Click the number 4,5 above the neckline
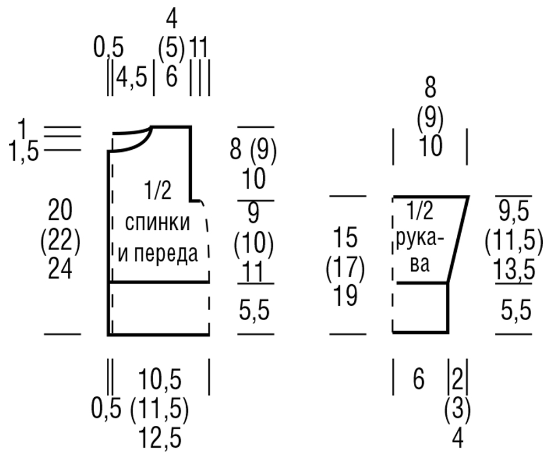(x=132, y=78)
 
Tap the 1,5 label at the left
(x=24, y=152)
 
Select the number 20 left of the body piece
(x=61, y=209)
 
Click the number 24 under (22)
(x=61, y=269)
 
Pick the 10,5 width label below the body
(x=160, y=380)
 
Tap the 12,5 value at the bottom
(x=160, y=438)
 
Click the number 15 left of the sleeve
(x=346, y=237)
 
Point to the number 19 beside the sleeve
(x=346, y=295)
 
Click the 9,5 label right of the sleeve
(x=514, y=212)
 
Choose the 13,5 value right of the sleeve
(x=514, y=270)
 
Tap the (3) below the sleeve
(x=457, y=409)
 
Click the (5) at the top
(x=171, y=48)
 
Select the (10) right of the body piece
(x=253, y=243)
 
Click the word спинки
(x=158, y=223)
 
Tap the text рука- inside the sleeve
(x=420, y=241)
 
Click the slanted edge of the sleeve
(x=458, y=240)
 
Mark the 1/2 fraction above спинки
(x=158, y=190)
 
